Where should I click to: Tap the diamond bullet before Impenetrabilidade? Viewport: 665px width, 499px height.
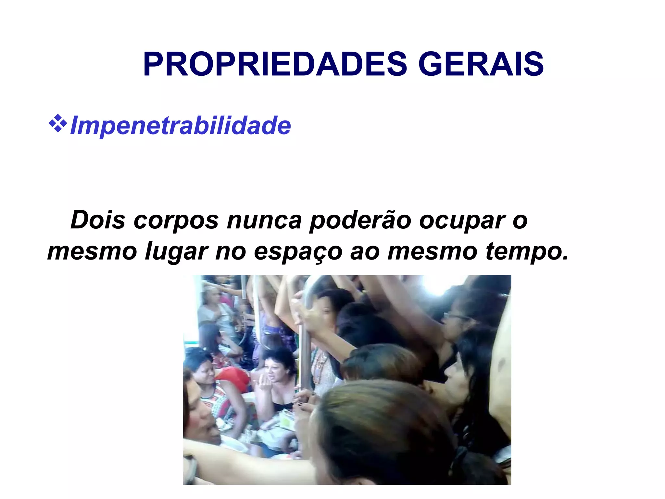(57, 123)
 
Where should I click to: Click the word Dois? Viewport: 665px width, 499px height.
(98, 220)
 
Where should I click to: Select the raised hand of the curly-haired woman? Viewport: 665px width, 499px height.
(265, 385)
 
